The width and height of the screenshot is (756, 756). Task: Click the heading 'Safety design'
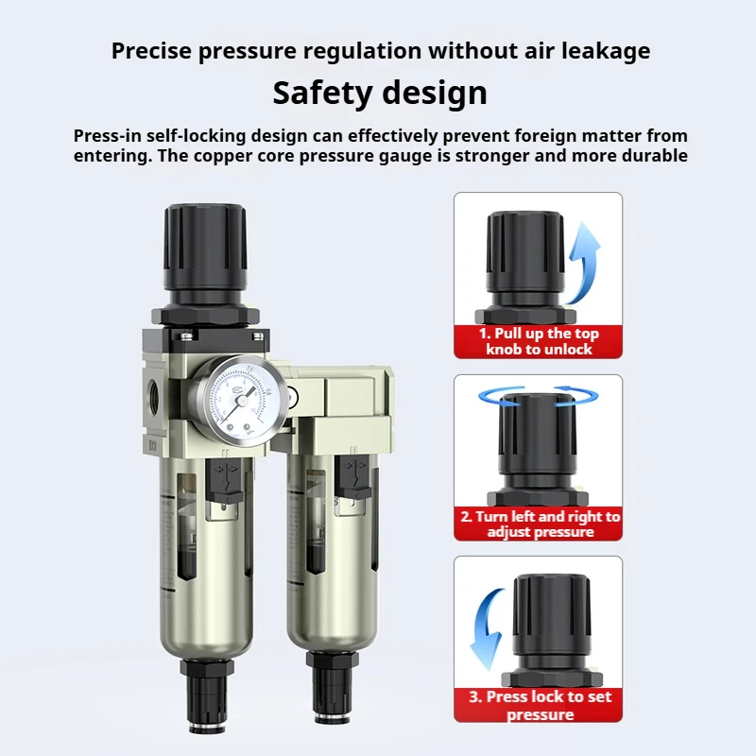click(380, 93)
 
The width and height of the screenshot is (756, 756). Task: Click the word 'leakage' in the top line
click(605, 50)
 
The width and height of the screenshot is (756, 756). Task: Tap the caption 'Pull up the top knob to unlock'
click(539, 341)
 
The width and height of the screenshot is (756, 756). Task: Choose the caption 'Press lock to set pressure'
click(539, 706)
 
